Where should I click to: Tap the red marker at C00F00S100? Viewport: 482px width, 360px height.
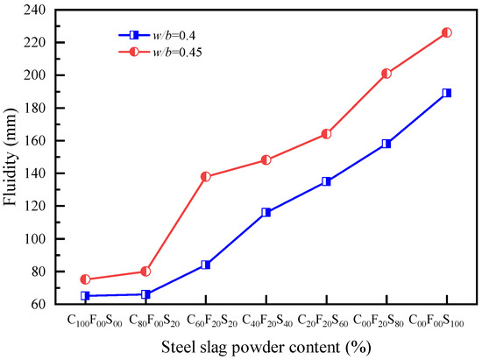[x=447, y=32]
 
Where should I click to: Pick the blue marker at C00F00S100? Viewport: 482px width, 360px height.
[x=447, y=93]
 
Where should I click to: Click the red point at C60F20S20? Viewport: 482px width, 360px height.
[x=206, y=176]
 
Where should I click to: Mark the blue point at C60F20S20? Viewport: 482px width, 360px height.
[x=206, y=265]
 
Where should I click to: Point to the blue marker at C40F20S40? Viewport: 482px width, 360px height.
[x=266, y=212]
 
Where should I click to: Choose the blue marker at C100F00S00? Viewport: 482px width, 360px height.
[x=85, y=296]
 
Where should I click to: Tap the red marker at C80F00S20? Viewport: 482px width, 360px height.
[x=145, y=272]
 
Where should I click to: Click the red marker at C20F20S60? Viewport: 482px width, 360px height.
[x=326, y=134]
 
